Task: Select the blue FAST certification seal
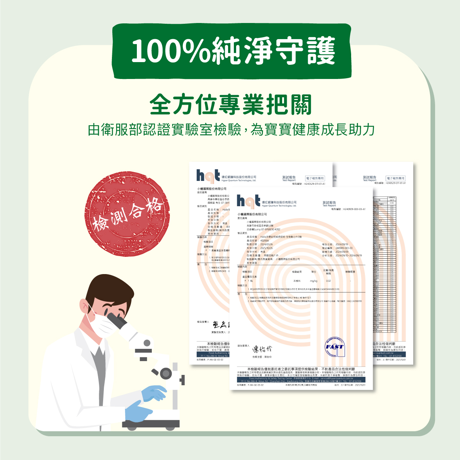tap(335, 347)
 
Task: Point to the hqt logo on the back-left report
tap(208, 176)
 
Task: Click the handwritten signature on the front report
tap(262, 349)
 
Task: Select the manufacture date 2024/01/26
tap(267, 244)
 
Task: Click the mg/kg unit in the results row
tap(313, 281)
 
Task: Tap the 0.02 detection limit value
tap(329, 281)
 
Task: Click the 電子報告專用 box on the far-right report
tap(395, 178)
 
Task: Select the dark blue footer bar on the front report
tap(301, 379)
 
